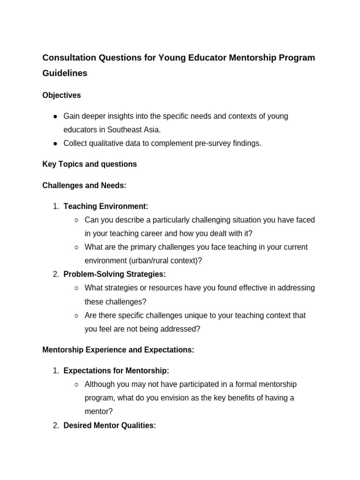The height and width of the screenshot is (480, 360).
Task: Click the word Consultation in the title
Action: click(69, 58)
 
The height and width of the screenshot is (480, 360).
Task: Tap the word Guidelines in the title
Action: click(65, 74)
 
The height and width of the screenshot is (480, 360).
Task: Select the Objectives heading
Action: click(61, 95)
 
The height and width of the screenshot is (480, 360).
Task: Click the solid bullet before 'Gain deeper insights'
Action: click(55, 116)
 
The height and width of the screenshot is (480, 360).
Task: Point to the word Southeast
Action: click(127, 130)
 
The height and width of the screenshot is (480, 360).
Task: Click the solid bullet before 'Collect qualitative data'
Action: click(55, 143)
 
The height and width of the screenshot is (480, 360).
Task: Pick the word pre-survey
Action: click(208, 143)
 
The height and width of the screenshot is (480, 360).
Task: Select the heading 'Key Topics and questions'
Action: click(90, 164)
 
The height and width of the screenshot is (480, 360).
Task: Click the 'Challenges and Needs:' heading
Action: click(84, 186)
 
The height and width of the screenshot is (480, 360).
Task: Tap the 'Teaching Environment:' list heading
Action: click(105, 206)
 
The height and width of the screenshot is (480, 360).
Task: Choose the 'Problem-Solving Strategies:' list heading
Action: click(114, 274)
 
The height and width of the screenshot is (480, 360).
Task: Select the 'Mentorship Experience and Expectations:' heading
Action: click(118, 350)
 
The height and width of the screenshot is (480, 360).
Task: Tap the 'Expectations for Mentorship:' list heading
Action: click(116, 371)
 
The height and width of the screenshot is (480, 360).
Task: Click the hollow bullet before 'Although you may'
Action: click(76, 384)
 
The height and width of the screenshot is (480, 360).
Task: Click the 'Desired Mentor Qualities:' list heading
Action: click(109, 426)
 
